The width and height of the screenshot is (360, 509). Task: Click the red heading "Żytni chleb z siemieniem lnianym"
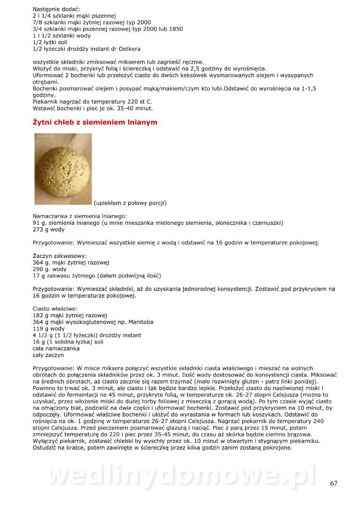pyautogui.click(x=95, y=122)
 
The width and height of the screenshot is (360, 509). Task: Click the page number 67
pyautogui.click(x=334, y=484)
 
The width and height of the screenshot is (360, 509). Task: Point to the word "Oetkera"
pyautogui.click(x=129, y=49)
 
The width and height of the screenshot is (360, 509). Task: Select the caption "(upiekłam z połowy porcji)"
pyautogui.click(x=130, y=203)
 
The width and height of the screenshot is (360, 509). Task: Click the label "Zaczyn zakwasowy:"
pyautogui.click(x=60, y=256)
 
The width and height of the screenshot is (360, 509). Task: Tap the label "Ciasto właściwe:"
pyautogui.click(x=55, y=309)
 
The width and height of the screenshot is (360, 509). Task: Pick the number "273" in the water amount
pyautogui.click(x=38, y=229)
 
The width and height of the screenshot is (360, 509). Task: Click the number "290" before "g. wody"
pyautogui.click(x=38, y=269)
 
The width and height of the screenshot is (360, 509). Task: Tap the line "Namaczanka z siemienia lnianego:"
pyautogui.click(x=80, y=216)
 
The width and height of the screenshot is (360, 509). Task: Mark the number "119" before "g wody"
pyautogui.click(x=38, y=329)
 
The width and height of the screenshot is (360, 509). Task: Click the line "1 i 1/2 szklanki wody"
pyautogui.click(x=62, y=36)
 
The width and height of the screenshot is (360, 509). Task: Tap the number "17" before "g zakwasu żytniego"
pyautogui.click(x=36, y=276)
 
